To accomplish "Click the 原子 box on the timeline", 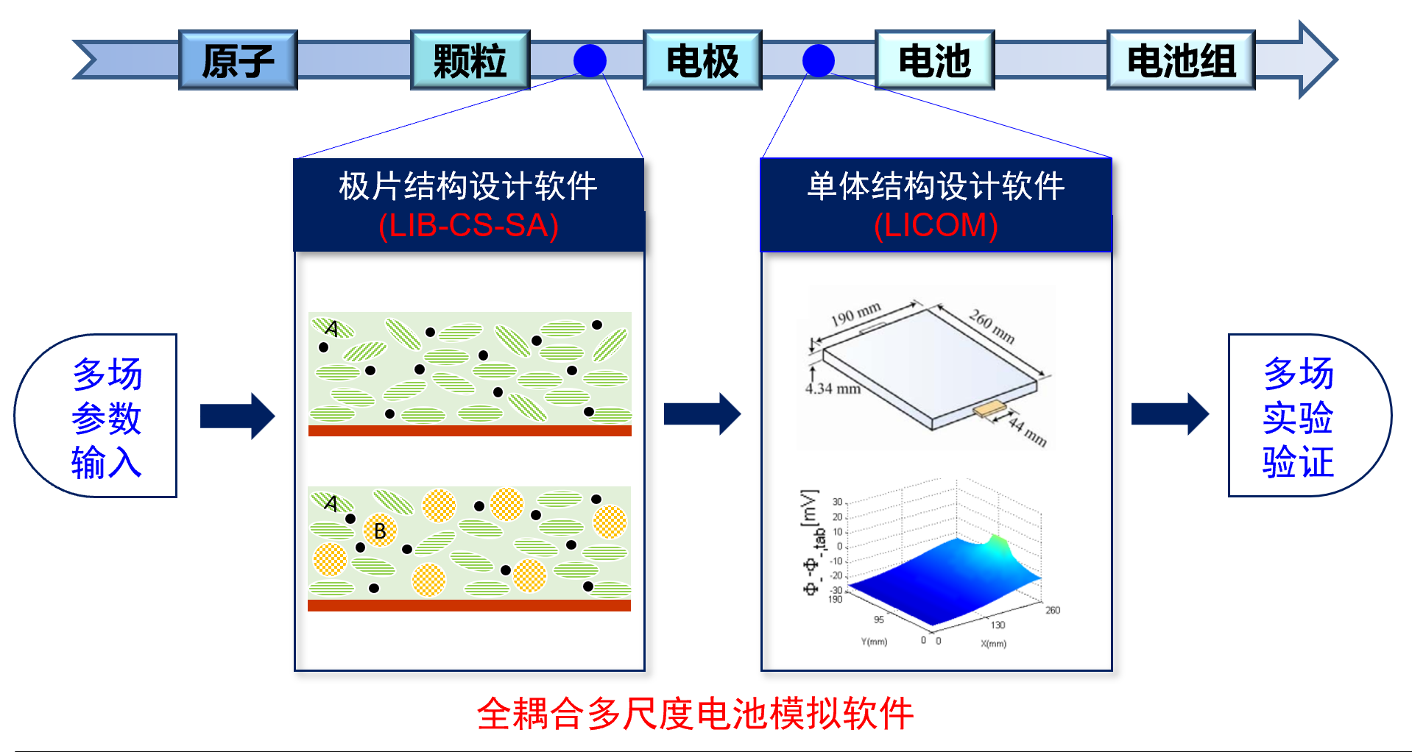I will [x=238, y=60].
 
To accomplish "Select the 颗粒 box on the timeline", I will [x=470, y=60].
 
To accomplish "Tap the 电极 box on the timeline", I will [x=702, y=60].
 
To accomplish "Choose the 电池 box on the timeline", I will [x=934, y=60].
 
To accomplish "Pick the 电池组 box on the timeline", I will [x=1181, y=60].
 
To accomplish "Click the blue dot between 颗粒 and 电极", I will [x=590, y=60].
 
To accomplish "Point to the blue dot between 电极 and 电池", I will [x=818, y=60].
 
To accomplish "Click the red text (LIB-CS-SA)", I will [x=469, y=225].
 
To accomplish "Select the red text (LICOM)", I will [x=936, y=225].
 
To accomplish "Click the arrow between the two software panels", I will [x=702, y=414].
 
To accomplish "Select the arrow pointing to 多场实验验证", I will [x=1169, y=414].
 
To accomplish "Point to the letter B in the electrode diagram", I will [x=380, y=531].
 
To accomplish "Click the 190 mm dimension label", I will [x=855, y=314].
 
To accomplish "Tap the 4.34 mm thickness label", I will [x=833, y=389].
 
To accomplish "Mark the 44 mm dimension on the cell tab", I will [x=1028, y=433].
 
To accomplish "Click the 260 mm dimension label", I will [x=992, y=326].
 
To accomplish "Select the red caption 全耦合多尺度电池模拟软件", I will [x=695, y=714].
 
